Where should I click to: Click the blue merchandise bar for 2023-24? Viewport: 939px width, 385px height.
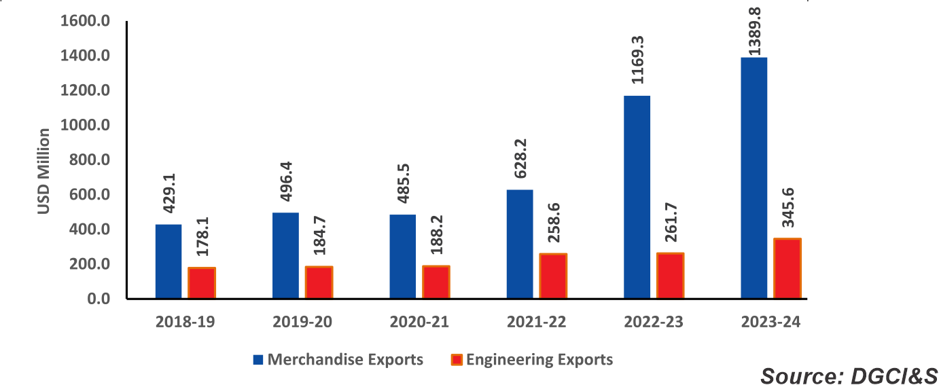tap(754, 178)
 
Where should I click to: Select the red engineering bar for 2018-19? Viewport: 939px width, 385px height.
tap(202, 282)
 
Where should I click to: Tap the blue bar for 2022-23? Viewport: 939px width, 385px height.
tap(637, 197)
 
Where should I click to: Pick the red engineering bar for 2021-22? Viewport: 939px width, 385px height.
tap(553, 276)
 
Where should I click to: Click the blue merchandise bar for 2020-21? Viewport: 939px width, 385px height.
tap(403, 256)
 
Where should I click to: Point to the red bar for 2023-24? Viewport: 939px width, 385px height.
tap(787, 268)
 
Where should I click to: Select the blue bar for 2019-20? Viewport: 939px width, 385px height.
tap(285, 255)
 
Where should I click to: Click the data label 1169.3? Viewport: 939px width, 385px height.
tap(638, 60)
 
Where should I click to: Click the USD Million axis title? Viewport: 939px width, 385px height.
tap(43, 170)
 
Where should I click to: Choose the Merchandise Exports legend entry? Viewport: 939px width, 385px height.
tap(344, 360)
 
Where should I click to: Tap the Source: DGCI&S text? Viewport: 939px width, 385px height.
tap(848, 375)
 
